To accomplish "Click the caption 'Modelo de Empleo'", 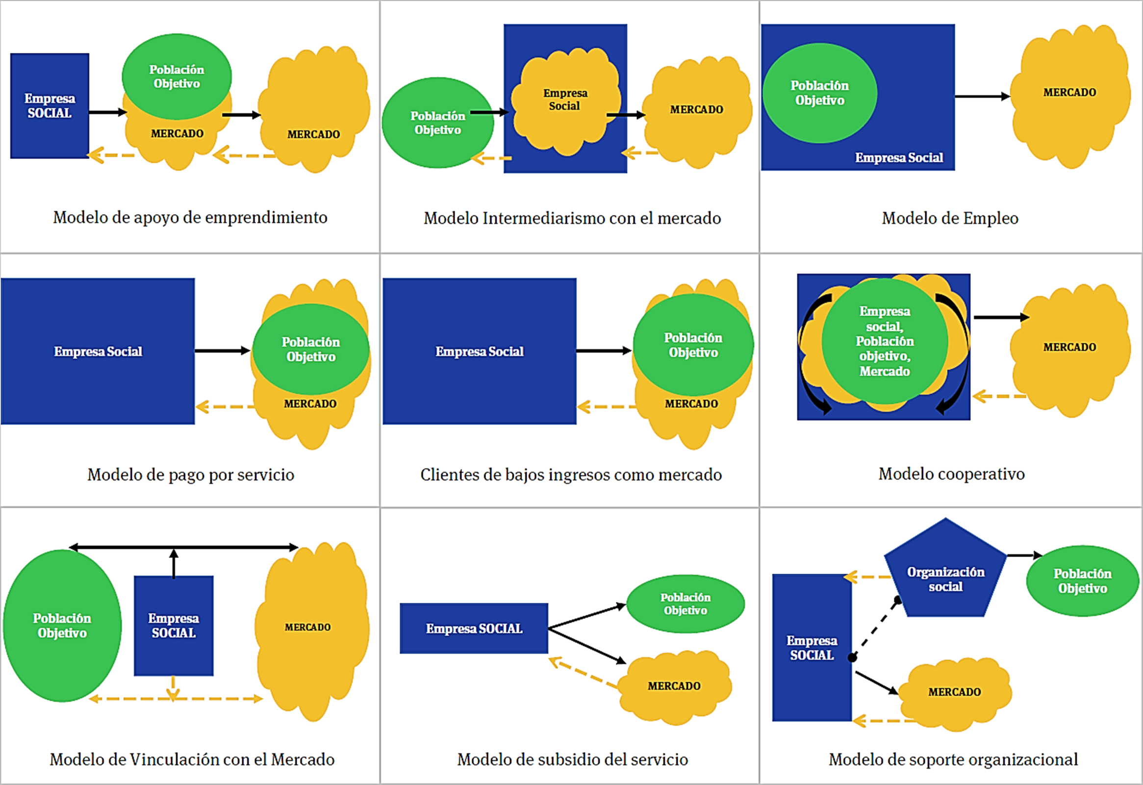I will [950, 218].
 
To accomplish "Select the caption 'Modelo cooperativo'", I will [951, 474].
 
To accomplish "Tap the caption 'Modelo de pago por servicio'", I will [191, 475].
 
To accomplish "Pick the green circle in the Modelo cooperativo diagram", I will [884, 341].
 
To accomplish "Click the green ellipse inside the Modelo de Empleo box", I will [819, 93].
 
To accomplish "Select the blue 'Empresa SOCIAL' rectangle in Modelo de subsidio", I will [474, 628].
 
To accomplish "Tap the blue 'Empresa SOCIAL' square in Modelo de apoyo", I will [50, 106].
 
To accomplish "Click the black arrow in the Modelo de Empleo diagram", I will [982, 97].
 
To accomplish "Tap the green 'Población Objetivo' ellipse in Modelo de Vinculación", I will [62, 626].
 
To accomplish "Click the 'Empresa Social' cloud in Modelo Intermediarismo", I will [564, 101].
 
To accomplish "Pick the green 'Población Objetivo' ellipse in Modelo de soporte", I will [1082, 581].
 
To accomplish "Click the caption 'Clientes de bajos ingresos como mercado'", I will [570, 475].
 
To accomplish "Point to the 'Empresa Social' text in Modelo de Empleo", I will [899, 157].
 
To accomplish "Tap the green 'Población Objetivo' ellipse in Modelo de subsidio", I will [685, 604].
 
